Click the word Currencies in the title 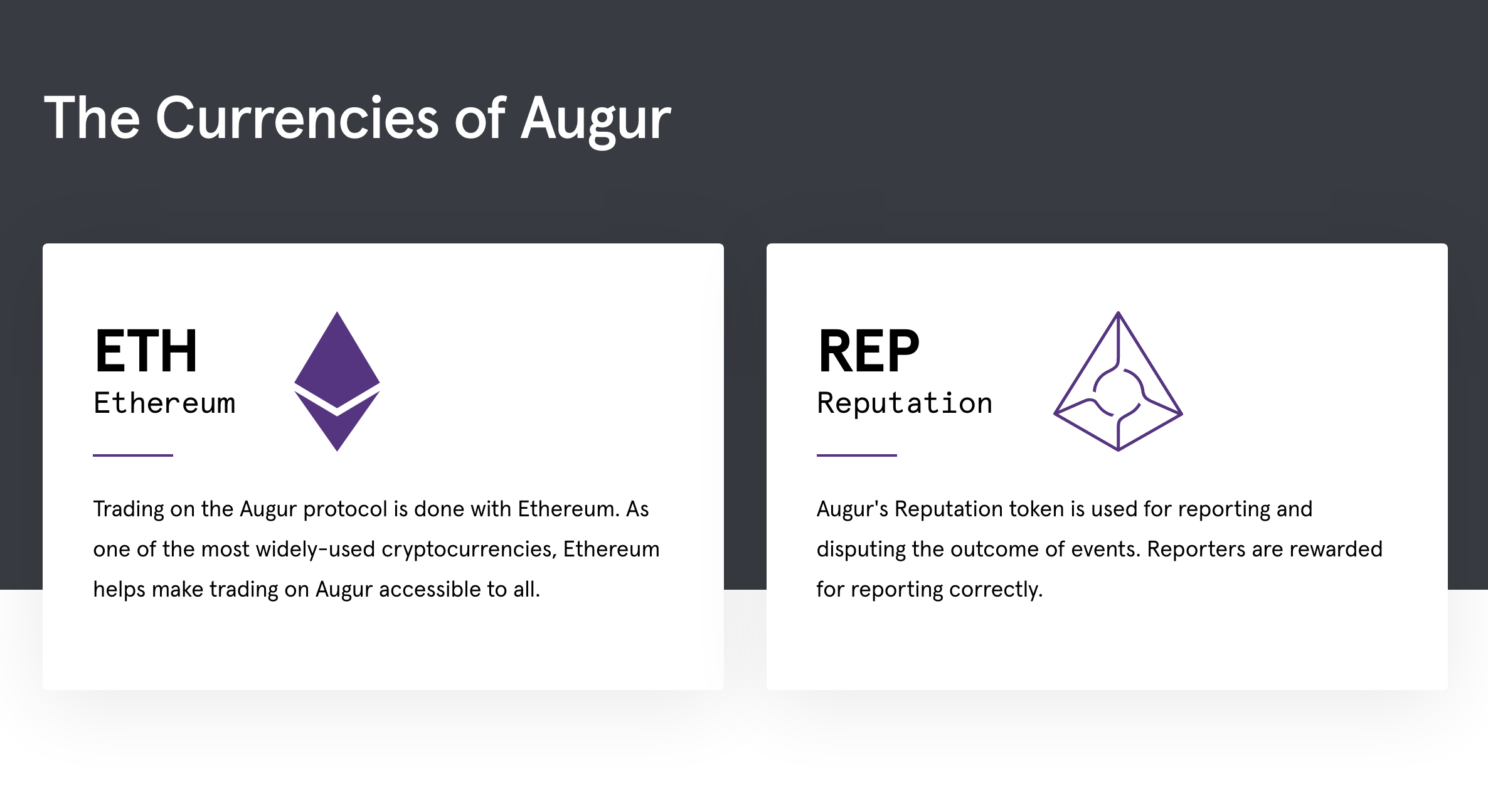click(297, 119)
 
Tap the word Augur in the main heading click(595, 119)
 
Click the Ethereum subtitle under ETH click(164, 403)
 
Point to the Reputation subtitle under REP click(905, 403)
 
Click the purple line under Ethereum click(133, 455)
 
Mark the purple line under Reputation click(856, 455)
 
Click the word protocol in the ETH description click(345, 509)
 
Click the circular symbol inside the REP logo click(1119, 393)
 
